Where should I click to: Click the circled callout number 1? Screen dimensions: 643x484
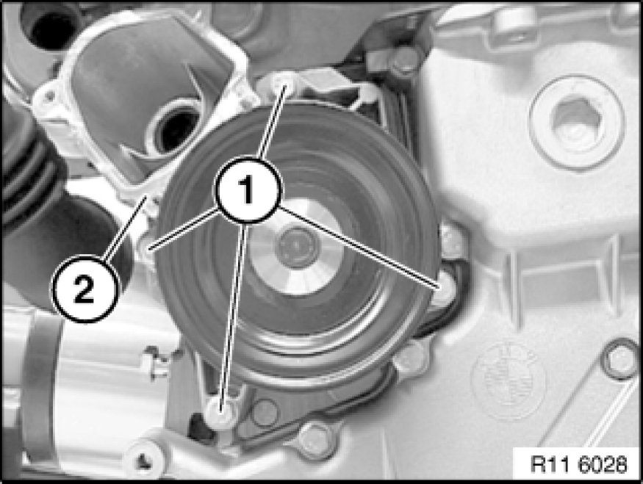[247, 190]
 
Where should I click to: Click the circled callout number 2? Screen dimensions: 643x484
[84, 288]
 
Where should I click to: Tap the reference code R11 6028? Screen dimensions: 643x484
[578, 465]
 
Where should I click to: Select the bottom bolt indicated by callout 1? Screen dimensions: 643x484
[221, 410]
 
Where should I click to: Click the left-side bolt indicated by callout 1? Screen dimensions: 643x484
[148, 248]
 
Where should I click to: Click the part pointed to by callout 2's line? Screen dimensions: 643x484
[147, 200]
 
